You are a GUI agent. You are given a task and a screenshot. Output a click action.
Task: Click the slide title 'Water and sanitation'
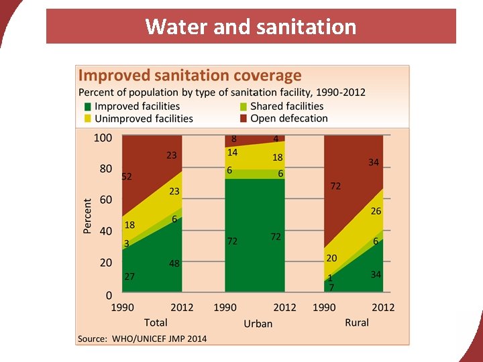click(x=250, y=27)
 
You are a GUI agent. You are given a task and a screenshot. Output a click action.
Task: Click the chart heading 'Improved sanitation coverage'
click(x=190, y=76)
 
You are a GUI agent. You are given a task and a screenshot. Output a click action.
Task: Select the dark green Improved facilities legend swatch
click(x=87, y=107)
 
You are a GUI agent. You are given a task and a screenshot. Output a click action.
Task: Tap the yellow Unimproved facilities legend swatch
click(x=87, y=119)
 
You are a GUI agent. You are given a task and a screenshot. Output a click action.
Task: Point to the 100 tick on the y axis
click(x=103, y=137)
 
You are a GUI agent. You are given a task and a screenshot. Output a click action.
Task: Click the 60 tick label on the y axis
click(x=105, y=200)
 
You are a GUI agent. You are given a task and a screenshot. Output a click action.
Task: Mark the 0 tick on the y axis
click(x=109, y=294)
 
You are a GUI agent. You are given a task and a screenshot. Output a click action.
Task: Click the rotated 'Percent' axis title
click(x=87, y=215)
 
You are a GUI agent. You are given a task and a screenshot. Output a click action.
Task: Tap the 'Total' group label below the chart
click(x=156, y=322)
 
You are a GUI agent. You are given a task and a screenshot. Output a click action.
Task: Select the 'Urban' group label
click(x=258, y=323)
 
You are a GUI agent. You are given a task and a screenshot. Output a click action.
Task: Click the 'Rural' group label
click(x=357, y=322)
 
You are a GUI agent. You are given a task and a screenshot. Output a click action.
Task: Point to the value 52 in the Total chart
click(x=127, y=177)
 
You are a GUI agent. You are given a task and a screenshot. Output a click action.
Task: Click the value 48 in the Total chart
click(x=174, y=263)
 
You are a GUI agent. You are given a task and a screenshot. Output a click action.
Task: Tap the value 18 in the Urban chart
click(x=278, y=158)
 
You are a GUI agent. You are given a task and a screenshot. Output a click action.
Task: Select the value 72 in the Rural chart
click(x=335, y=186)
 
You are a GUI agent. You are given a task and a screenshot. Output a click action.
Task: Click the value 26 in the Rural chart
click(x=376, y=211)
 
